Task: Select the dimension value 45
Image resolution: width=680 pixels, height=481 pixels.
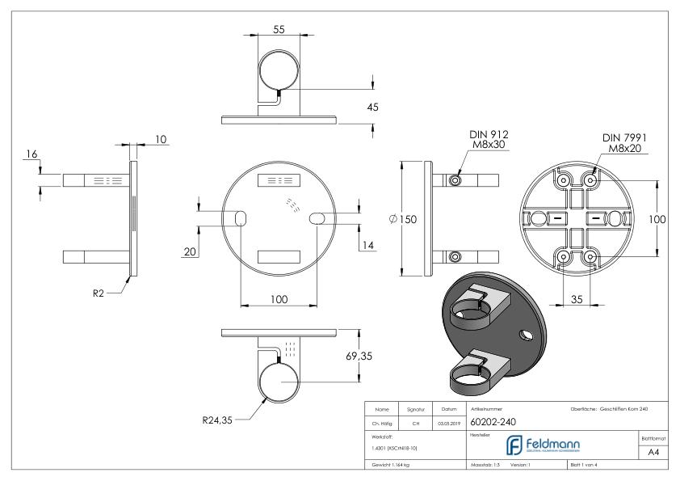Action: click(372, 108)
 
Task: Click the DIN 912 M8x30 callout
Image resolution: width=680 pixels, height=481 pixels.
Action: click(489, 141)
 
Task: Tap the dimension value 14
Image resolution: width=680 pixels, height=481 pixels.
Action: click(368, 246)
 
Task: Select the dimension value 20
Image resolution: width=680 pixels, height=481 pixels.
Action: click(189, 251)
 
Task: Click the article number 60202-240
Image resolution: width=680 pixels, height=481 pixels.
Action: click(499, 422)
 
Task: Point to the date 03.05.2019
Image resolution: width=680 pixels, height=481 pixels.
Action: click(448, 422)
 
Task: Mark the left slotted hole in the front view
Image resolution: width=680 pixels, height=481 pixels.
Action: click(241, 219)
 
